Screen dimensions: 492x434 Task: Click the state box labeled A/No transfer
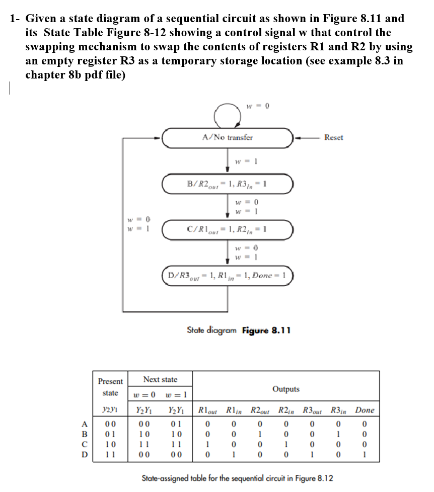(228, 137)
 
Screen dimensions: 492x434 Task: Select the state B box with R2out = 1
(228, 184)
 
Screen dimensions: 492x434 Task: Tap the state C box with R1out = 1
(228, 230)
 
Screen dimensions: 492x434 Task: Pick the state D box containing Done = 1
(228, 276)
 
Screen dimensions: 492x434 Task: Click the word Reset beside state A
(334, 137)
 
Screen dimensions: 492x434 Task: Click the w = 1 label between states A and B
(247, 161)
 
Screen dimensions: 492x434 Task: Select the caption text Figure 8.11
(265, 331)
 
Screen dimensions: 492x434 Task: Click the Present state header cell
(110, 387)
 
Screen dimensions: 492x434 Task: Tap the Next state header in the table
(160, 379)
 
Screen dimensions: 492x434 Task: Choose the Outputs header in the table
(285, 389)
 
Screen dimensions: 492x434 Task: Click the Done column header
(365, 410)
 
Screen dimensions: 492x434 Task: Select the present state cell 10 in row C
(110, 444)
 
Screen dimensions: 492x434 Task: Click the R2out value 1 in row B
(258, 434)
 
